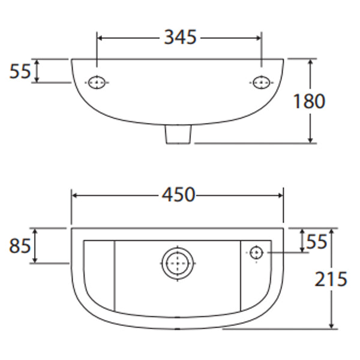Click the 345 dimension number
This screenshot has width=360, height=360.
click(180, 37)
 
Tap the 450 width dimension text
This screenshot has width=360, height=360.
click(178, 194)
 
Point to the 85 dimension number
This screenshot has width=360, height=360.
click(20, 245)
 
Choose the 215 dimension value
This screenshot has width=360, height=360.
click(331, 278)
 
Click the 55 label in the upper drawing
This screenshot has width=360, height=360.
click(20, 71)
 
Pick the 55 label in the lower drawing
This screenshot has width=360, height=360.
click(317, 241)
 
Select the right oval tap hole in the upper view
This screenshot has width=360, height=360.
click(261, 82)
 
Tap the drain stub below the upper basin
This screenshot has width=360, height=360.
click(178, 136)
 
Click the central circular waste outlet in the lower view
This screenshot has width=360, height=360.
click(178, 263)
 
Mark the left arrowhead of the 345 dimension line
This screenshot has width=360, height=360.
click(100, 37)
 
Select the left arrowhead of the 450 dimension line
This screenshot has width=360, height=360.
click(75, 195)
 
